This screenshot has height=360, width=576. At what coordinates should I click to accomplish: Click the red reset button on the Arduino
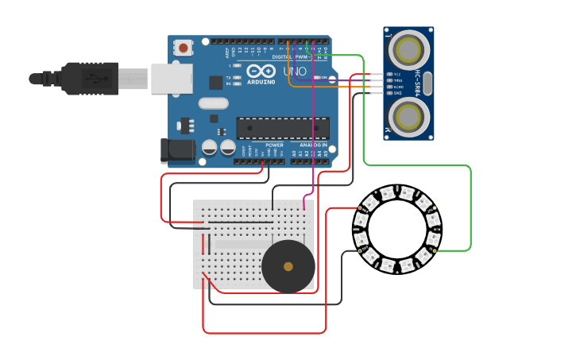pyautogui.click(x=184, y=48)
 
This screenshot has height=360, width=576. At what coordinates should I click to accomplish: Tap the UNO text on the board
pyautogui.click(x=295, y=72)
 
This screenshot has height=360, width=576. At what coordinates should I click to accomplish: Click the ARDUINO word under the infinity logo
pyautogui.click(x=261, y=81)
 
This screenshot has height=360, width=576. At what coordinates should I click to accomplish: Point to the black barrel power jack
pyautogui.click(x=177, y=151)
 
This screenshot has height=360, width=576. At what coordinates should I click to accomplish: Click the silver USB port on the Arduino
pyautogui.click(x=172, y=78)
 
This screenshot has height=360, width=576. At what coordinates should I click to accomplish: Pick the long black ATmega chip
pyautogui.click(x=283, y=129)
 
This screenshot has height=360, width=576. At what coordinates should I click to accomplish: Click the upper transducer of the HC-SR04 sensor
pyautogui.click(x=409, y=49)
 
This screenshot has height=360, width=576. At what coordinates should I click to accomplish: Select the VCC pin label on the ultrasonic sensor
pyautogui.click(x=398, y=74)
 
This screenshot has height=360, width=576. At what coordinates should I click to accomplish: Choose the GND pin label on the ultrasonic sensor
pyautogui.click(x=398, y=93)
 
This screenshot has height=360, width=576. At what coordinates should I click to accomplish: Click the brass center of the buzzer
pyautogui.click(x=288, y=267)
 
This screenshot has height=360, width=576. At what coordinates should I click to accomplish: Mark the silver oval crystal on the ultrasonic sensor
pyautogui.click(x=428, y=83)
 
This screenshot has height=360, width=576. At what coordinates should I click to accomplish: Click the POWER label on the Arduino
pyautogui.click(x=274, y=145)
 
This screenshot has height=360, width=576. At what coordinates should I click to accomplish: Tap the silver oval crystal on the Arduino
pyautogui.click(x=213, y=103)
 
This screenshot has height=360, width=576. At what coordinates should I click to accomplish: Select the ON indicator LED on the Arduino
pyautogui.click(x=315, y=78)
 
